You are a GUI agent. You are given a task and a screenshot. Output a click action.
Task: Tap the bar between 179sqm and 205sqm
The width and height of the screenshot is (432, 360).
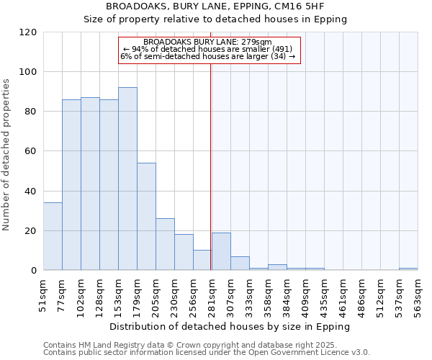(x=146, y=216)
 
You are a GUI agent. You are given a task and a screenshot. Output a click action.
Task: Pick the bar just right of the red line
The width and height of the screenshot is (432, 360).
(x=221, y=251)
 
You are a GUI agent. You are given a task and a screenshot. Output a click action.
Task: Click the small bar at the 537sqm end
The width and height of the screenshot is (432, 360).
(x=408, y=269)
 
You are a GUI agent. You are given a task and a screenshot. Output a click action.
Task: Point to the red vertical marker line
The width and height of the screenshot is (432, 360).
(x=210, y=166)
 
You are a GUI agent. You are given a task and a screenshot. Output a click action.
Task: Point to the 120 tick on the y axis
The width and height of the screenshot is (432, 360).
(x=28, y=32)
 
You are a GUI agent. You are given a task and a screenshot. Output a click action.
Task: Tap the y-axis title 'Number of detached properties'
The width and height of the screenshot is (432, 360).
(x=8, y=155)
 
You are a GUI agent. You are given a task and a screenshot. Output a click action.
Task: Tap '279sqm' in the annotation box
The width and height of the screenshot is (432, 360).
(x=256, y=42)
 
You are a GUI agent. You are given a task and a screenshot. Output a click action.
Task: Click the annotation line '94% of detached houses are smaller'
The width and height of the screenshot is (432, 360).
(x=208, y=49)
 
